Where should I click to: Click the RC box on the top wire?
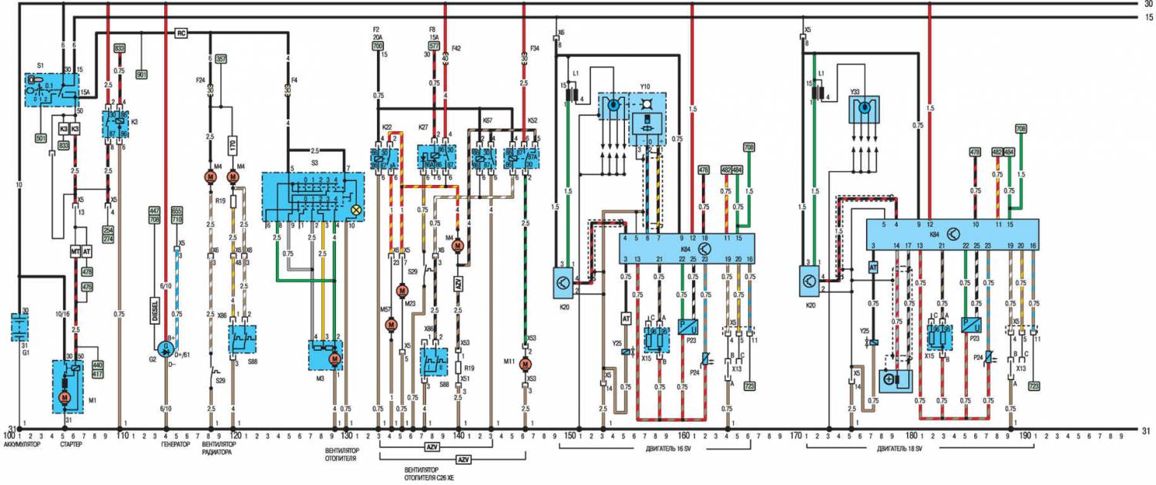(x=182, y=33)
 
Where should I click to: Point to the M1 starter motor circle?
(x=65, y=396)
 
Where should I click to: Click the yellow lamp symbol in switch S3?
(x=355, y=210)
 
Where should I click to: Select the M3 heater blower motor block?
(x=326, y=355)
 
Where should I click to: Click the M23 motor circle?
(x=401, y=290)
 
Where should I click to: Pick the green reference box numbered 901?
(x=142, y=75)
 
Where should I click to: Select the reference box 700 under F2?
(x=378, y=46)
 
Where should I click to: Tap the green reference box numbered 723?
(x=748, y=385)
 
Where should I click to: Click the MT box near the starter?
(x=76, y=252)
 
